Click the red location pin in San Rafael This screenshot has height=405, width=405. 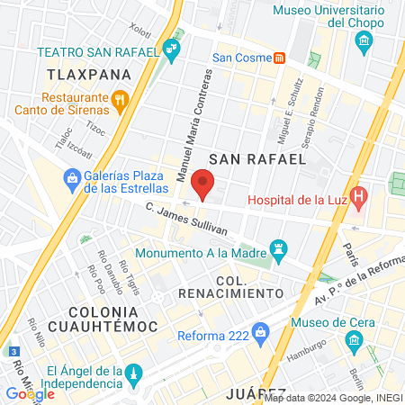203,186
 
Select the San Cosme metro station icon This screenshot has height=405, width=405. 280,58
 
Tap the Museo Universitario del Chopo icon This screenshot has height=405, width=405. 364,40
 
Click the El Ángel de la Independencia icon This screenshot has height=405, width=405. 132,373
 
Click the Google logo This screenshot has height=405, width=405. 30,394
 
